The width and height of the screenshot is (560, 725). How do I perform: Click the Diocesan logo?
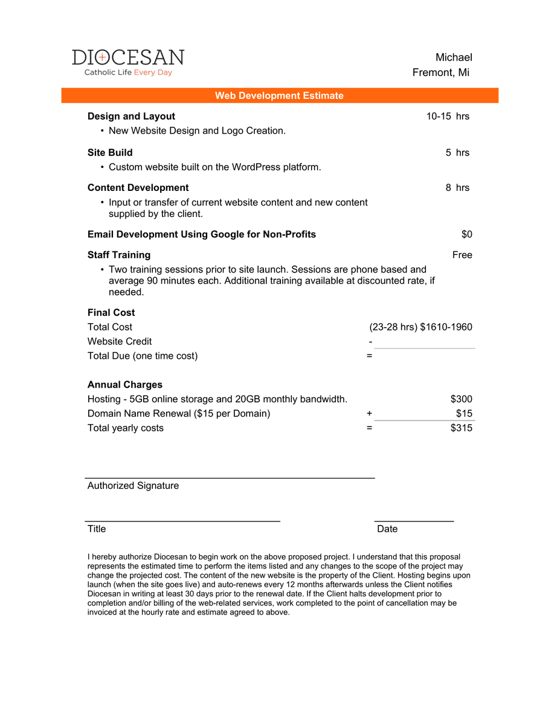pos(128,62)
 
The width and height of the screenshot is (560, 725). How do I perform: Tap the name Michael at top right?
pos(454,57)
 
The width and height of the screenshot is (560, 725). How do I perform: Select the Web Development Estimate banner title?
pos(279,95)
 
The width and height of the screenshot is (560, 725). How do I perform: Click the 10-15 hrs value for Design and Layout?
pos(448,116)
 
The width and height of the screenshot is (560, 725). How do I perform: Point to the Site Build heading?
pos(110,152)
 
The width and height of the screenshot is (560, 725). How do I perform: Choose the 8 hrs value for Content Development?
pos(457,187)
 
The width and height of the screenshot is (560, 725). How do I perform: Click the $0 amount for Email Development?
pos(466,234)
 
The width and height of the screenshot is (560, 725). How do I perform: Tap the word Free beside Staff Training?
pos(462,254)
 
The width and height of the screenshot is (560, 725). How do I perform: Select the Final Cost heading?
pos(111,312)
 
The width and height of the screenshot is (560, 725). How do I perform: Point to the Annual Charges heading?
pos(125,384)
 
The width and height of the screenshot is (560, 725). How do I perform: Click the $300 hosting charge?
pos(461,399)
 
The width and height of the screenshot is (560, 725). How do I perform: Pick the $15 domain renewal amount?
pos(464,413)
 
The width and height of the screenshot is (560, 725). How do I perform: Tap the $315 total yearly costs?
pos(461,428)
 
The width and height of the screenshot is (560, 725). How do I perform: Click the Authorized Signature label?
pos(133,485)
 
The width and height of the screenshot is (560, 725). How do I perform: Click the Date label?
pos(387,529)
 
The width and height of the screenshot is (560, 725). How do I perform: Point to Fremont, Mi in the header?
pos(441,72)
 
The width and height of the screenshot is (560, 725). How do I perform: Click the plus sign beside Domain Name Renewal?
pos(369,413)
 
